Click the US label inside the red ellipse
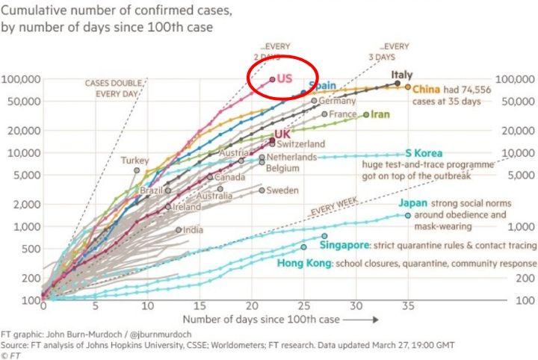pos(285,78)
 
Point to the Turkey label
pos(135,161)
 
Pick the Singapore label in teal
pos(344,245)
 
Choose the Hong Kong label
pos(304,264)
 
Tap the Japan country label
pos(413,203)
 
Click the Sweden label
pos(282,190)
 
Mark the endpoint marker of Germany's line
pos(314,100)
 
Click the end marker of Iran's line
pos(366,114)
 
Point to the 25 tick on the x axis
pos(303,307)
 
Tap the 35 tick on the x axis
pos(407,307)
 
